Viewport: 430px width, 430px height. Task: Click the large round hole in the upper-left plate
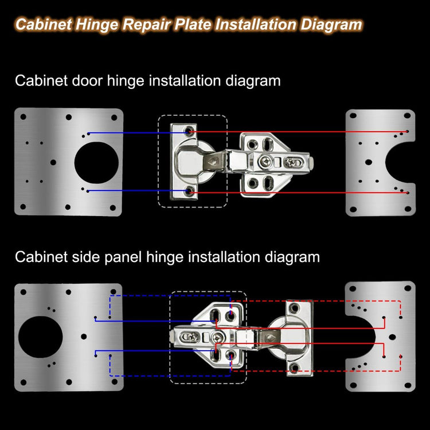[96, 163]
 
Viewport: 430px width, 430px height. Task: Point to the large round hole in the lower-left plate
[41, 337]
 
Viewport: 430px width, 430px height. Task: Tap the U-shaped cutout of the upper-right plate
[400, 162]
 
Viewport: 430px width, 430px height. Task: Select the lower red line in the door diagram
[299, 193]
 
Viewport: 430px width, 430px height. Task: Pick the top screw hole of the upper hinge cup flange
[189, 130]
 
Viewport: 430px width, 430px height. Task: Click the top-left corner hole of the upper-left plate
[24, 117]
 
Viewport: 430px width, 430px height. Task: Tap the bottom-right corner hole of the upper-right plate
[408, 209]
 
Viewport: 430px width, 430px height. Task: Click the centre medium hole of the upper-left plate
[53, 162]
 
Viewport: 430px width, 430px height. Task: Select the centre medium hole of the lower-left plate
[84, 337]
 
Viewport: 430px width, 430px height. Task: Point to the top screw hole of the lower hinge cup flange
[295, 308]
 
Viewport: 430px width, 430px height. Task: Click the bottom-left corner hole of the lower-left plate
[24, 382]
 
